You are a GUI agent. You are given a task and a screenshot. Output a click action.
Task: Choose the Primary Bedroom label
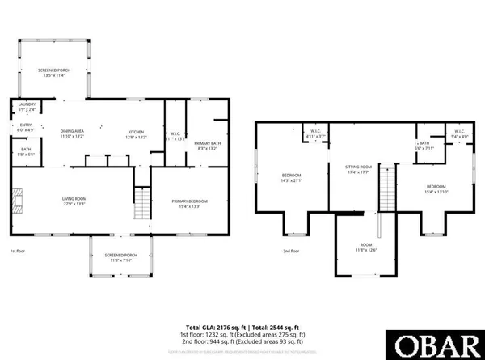click(190, 202)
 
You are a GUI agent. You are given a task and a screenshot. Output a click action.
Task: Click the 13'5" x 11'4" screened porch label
click(54, 73)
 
